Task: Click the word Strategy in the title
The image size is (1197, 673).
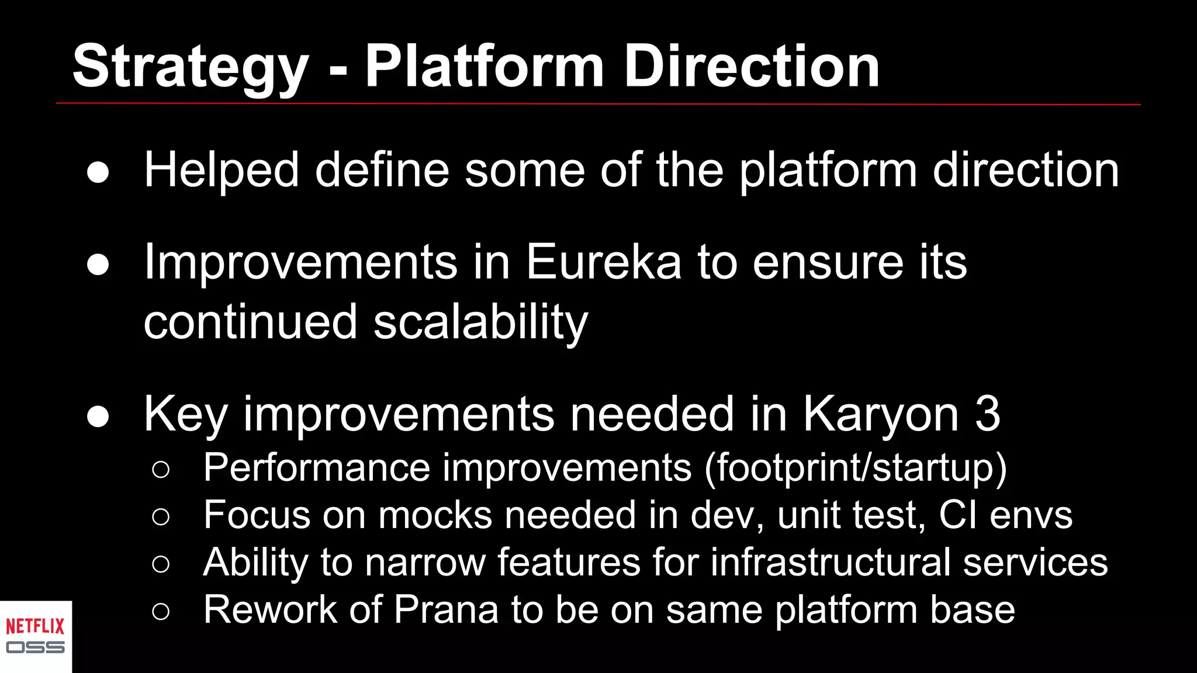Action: (x=190, y=67)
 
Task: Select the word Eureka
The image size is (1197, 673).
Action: (x=603, y=262)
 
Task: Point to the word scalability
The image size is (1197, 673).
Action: (x=480, y=322)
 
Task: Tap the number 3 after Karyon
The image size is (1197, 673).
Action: (x=988, y=414)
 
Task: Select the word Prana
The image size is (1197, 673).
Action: (x=446, y=609)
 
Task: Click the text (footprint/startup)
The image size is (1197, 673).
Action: (x=856, y=469)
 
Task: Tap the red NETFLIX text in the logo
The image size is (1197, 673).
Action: (x=35, y=627)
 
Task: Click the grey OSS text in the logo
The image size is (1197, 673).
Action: (x=35, y=647)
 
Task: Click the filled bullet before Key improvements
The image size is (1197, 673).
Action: (x=98, y=417)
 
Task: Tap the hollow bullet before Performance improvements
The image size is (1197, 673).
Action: (x=161, y=470)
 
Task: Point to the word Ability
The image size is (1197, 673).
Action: (x=255, y=563)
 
